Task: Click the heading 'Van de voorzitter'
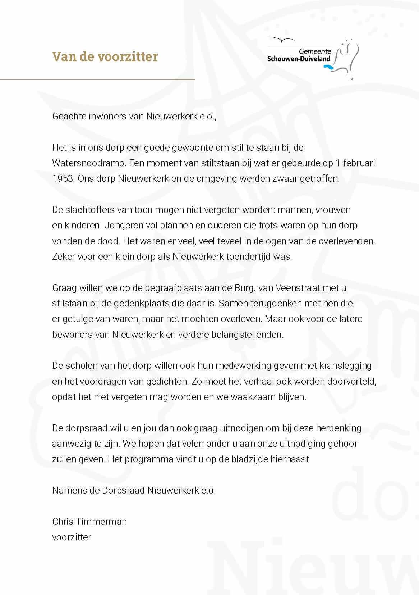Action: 105,57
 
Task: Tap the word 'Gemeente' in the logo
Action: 315,52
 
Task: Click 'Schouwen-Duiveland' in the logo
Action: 299,59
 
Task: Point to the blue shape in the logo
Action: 328,67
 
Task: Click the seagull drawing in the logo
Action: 281,39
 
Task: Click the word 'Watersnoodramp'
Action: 89,163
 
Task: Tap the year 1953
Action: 63,179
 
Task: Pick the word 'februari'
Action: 359,163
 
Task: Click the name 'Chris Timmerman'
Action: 89,522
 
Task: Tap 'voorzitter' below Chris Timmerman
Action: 72,537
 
